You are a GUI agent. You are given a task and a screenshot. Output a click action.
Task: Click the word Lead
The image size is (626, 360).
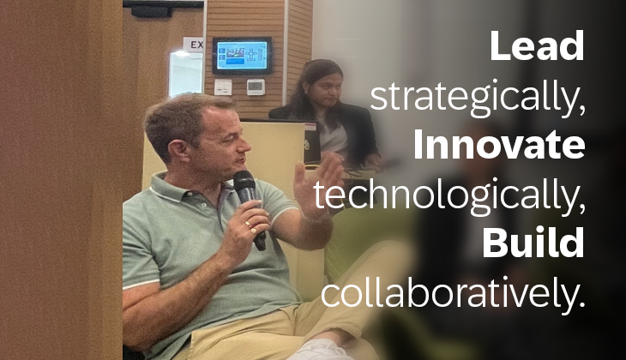pyautogui.click(x=538, y=46)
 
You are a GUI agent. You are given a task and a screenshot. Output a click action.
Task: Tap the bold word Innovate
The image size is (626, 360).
pyautogui.click(x=499, y=145)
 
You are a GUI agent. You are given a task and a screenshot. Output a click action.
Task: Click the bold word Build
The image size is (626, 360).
pyautogui.click(x=533, y=243)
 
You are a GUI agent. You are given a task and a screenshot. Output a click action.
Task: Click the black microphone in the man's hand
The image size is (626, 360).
pyautogui.click(x=249, y=207)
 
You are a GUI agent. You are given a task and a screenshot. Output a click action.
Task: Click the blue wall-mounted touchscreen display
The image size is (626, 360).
pyautogui.click(x=242, y=56)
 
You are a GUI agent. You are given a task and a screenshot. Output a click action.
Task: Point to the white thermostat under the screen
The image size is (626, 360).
pyautogui.click(x=256, y=87)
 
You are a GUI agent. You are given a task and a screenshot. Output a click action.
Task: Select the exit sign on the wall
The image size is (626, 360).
pyautogui.click(x=194, y=45)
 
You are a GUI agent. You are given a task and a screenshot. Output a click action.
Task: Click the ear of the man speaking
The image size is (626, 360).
pyautogui.click(x=179, y=149)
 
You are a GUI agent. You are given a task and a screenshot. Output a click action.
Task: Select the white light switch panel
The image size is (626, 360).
pyautogui.click(x=223, y=87)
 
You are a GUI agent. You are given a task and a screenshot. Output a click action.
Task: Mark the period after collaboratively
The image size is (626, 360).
pyautogui.click(x=581, y=304)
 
